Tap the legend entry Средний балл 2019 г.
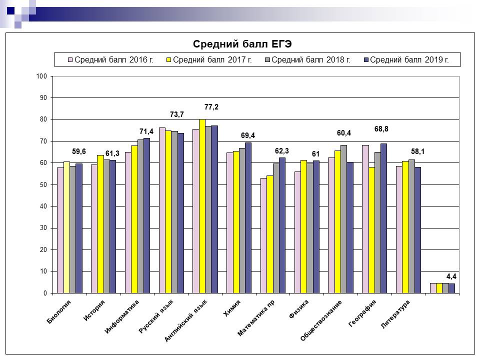tap(409, 59)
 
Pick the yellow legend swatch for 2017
tap(169, 60)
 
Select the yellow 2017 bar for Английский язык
tap(202, 206)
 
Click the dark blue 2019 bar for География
tap(383, 218)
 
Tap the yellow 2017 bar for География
tap(371, 230)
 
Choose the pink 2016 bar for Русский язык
tap(162, 210)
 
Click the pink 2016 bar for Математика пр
tap(263, 235)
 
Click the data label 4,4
tap(451, 276)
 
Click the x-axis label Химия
tap(232, 305)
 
